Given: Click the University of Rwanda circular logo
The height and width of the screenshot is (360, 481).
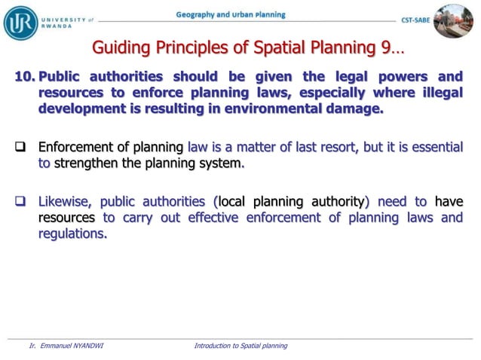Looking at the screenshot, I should [20, 22].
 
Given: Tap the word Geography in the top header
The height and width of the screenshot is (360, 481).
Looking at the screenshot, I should [198, 15].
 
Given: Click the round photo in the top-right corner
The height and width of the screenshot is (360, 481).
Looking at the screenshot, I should [454, 20].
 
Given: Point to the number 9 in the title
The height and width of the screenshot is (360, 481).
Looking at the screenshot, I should [384, 49].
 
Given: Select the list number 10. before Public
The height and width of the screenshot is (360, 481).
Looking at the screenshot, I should [23, 77].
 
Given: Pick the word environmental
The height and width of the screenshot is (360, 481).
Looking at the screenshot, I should [276, 108].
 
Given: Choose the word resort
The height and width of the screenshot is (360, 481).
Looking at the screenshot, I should [334, 146].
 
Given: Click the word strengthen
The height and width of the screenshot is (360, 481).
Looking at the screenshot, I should [89, 162].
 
